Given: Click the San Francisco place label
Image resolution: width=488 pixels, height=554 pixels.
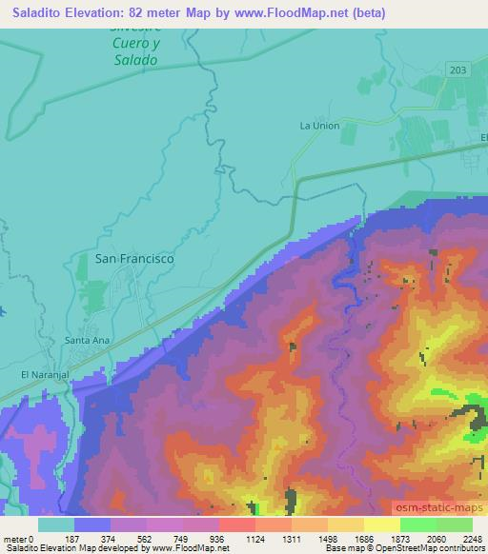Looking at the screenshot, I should click(133, 257).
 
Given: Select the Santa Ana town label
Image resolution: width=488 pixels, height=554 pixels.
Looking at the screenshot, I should click(84, 340).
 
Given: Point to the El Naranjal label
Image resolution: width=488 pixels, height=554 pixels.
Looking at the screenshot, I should click(47, 374).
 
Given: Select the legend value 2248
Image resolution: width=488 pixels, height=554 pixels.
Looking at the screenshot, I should click(473, 538).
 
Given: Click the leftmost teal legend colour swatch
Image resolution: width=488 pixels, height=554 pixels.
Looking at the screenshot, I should click(56, 524).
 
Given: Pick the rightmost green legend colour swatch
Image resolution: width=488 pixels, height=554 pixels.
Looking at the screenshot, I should click(455, 524).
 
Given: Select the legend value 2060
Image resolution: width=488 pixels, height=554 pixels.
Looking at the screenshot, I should click(436, 538).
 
